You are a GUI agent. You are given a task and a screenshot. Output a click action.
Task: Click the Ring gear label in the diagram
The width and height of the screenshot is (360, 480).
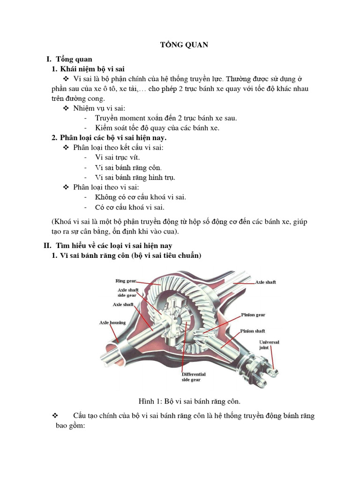126,281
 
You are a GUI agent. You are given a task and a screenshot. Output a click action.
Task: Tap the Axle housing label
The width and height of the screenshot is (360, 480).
110,322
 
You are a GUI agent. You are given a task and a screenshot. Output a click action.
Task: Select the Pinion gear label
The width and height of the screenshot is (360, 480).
253,315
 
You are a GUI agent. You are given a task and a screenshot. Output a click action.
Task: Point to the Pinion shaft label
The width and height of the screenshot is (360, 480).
253,331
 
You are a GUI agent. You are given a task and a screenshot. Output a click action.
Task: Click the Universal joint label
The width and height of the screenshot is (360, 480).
269,345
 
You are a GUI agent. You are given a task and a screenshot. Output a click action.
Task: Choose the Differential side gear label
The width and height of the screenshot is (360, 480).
194,377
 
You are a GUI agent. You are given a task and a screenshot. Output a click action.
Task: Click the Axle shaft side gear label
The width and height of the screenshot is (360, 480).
127,292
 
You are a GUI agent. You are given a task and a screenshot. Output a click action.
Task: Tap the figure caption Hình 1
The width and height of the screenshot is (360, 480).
189,401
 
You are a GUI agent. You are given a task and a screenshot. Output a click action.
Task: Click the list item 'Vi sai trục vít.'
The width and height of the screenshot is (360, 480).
117,157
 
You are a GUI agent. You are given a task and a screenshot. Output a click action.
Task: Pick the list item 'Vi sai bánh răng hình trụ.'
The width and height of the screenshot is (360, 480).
135,177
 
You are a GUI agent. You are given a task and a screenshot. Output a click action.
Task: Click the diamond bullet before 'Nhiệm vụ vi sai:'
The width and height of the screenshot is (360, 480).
66,108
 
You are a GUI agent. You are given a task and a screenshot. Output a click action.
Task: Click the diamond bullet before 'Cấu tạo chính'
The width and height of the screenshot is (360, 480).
55,416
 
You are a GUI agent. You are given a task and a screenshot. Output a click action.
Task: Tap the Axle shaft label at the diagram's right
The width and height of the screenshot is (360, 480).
265,282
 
